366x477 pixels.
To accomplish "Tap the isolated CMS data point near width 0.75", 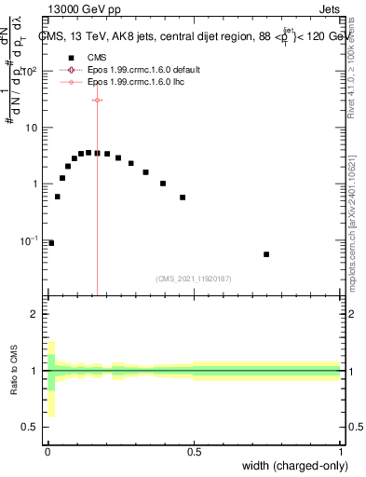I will (266, 254).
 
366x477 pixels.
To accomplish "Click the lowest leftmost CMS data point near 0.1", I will (51, 243).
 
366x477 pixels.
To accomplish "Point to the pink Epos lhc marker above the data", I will (97, 100).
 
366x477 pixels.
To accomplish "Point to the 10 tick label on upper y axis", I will (30, 128).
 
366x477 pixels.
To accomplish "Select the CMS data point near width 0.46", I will (183, 198).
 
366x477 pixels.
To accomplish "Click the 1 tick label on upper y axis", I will (34, 184).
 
